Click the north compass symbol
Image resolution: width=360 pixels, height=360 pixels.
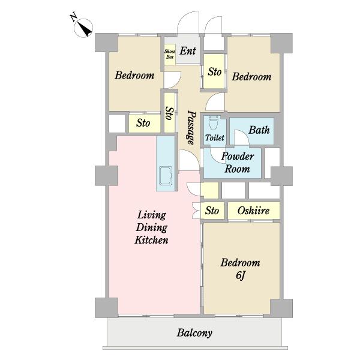click(83, 28)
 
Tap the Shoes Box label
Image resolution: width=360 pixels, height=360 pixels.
click(170, 54)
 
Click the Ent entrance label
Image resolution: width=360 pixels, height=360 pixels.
click(188, 51)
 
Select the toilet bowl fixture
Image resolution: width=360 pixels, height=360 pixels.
click(213, 123)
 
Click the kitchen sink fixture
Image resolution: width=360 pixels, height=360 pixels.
click(166, 175)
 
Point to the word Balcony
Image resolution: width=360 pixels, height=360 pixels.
click(194, 333)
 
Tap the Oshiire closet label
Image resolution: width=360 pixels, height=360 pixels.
click(253, 211)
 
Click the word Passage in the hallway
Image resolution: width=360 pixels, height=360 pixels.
click(191, 128)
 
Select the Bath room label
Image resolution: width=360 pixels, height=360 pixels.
click(259, 130)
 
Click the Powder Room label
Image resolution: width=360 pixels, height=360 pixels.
click(238, 163)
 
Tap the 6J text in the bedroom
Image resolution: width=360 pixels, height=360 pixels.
click(240, 275)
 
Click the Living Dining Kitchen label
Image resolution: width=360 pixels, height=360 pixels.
click(151, 227)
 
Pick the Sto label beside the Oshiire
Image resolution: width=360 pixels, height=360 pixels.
click(212, 211)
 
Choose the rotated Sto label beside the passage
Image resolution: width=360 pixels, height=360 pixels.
click(170, 113)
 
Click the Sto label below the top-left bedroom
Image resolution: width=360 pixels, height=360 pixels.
click(143, 123)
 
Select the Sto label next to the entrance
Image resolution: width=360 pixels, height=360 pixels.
click(215, 72)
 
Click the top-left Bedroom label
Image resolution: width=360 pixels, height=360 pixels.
click(134, 76)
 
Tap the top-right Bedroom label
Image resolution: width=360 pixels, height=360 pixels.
click(251, 77)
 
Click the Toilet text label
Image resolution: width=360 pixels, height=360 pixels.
click(214, 138)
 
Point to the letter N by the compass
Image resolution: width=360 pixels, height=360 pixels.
click(73, 17)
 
